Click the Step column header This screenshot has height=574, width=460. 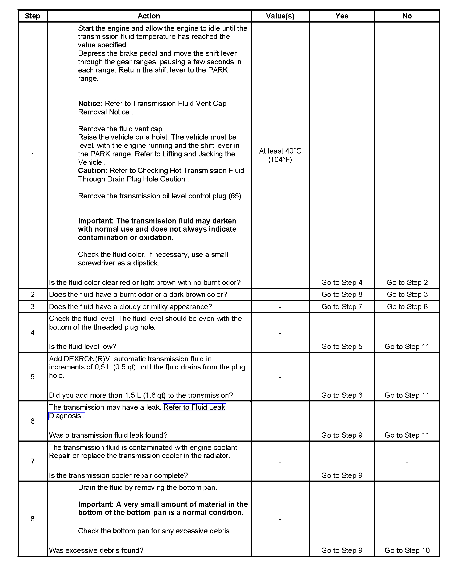click(x=32, y=16)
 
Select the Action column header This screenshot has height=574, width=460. click(x=149, y=16)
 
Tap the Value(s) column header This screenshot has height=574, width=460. click(x=280, y=16)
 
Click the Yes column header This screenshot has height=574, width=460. click(x=342, y=16)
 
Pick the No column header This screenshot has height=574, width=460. click(x=407, y=16)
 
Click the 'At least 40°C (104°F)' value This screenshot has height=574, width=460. click(x=280, y=155)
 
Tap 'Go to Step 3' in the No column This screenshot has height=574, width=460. click(x=407, y=294)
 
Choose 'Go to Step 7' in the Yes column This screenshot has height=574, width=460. click(x=342, y=307)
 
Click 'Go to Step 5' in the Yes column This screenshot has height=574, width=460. click(x=342, y=347)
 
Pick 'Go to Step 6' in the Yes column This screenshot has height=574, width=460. click(x=342, y=395)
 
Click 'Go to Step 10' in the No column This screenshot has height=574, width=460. click(x=407, y=550)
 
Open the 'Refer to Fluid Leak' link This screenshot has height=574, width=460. click(x=194, y=407)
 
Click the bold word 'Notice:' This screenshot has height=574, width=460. click(x=90, y=104)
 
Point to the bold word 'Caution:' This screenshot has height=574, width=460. click(x=92, y=171)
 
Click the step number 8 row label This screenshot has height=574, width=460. click(x=32, y=519)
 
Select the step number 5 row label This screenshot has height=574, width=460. click(x=32, y=377)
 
